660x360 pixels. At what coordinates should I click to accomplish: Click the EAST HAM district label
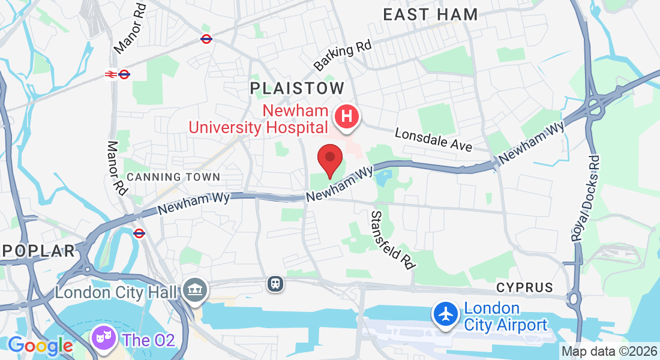click(430, 14)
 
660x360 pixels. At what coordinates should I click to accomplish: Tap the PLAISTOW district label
click(297, 88)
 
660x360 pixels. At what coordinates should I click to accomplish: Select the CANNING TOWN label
click(174, 177)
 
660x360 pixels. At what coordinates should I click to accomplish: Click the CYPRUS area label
click(524, 288)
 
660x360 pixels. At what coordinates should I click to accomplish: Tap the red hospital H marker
click(346, 116)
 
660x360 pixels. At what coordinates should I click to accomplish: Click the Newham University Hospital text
click(259, 119)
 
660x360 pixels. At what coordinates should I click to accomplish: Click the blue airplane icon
click(446, 314)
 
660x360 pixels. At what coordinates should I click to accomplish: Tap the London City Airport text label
click(506, 317)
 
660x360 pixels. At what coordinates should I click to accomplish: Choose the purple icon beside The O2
click(103, 338)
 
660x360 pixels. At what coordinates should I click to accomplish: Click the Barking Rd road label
click(343, 55)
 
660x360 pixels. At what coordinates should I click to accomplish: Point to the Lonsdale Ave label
click(433, 139)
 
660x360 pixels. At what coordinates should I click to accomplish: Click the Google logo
click(41, 346)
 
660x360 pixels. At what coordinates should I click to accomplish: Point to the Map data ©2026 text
click(609, 352)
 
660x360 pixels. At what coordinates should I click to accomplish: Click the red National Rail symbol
click(110, 74)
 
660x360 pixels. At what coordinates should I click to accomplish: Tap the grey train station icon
click(275, 283)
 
